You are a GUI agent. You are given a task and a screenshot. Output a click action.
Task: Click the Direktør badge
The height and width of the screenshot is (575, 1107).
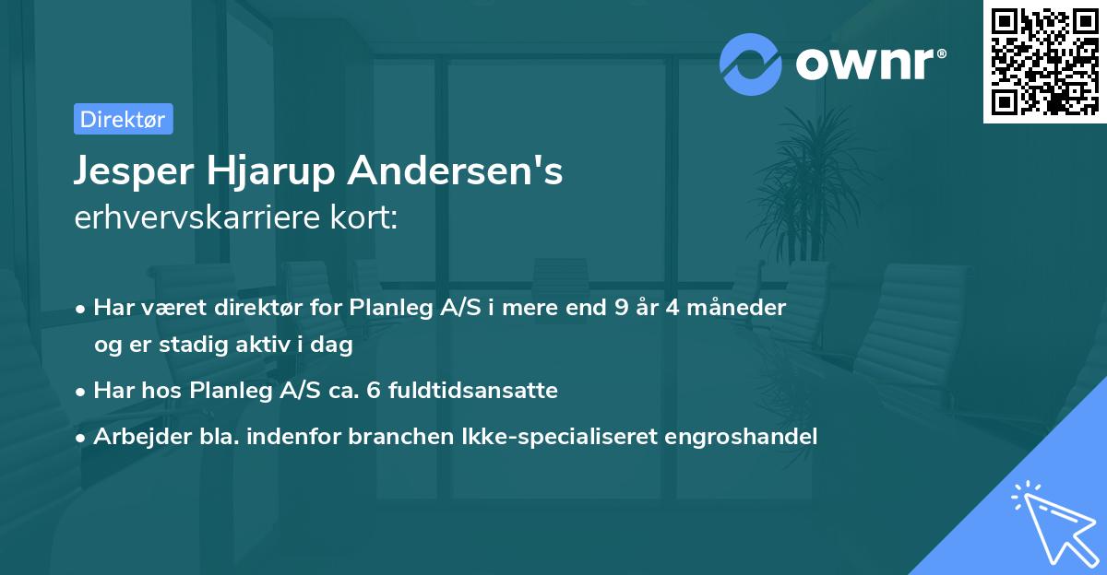coord(123,119)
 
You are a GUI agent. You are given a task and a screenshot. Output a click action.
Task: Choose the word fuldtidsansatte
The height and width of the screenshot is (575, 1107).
coord(470,391)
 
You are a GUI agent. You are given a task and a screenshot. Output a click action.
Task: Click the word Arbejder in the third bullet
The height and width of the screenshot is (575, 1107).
coord(136,436)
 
